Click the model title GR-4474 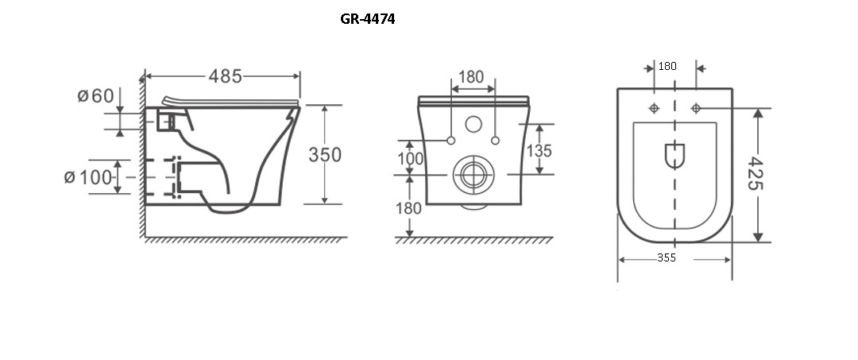point(367,19)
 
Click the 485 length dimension point(225,76)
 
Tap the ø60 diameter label point(96,95)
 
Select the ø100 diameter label point(88,177)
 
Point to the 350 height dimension point(324,155)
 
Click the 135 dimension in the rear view point(539,150)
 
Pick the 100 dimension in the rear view point(411,159)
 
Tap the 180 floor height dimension point(409,208)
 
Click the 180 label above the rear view point(471,77)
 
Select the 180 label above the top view point(667,66)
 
